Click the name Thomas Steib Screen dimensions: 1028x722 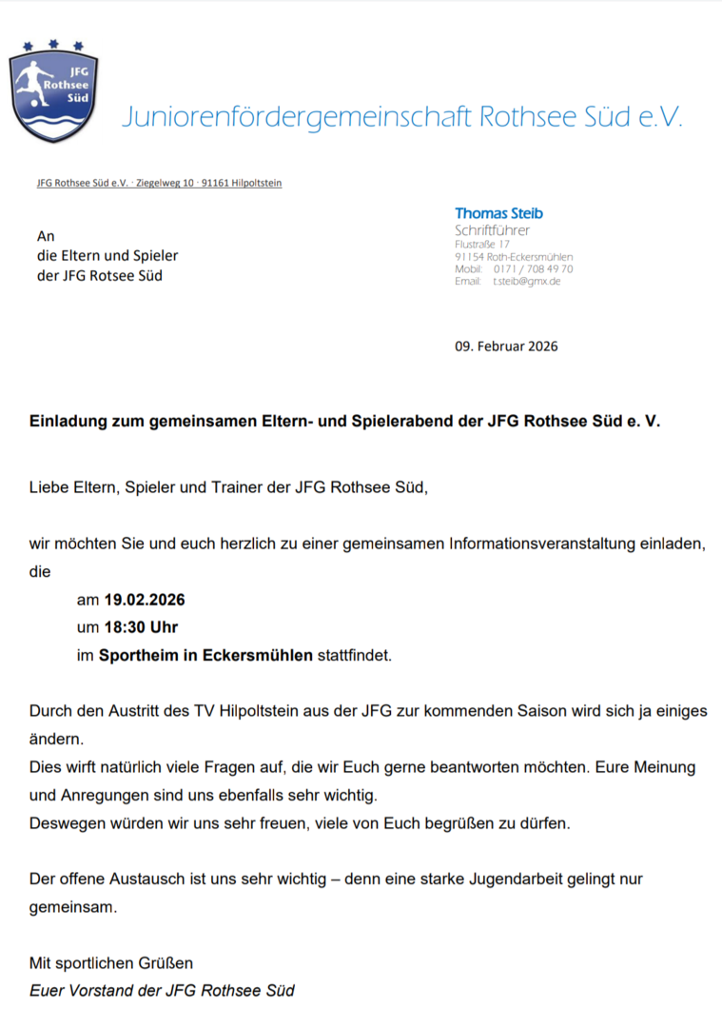click(x=498, y=213)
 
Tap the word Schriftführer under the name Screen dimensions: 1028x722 click(x=493, y=230)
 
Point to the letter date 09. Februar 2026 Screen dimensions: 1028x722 click(x=506, y=346)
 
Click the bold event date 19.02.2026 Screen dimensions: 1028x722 click(x=145, y=601)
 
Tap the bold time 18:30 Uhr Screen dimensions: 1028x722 click(x=141, y=627)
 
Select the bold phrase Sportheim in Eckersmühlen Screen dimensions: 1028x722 click(x=205, y=655)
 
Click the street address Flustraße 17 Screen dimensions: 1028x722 click(x=482, y=245)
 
